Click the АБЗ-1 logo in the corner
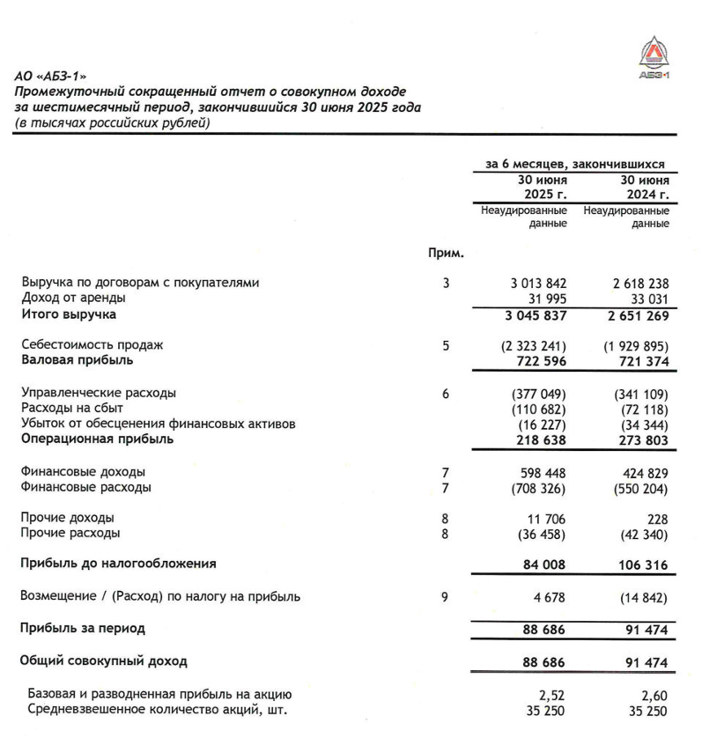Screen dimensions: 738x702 654,57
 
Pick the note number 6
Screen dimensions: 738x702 447,394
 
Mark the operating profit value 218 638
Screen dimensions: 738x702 539,439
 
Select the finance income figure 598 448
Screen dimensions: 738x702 539,472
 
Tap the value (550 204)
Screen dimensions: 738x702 640,487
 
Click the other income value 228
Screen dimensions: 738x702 656,519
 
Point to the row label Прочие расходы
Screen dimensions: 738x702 70,534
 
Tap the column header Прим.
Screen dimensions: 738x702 446,254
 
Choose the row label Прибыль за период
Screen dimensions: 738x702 83,629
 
